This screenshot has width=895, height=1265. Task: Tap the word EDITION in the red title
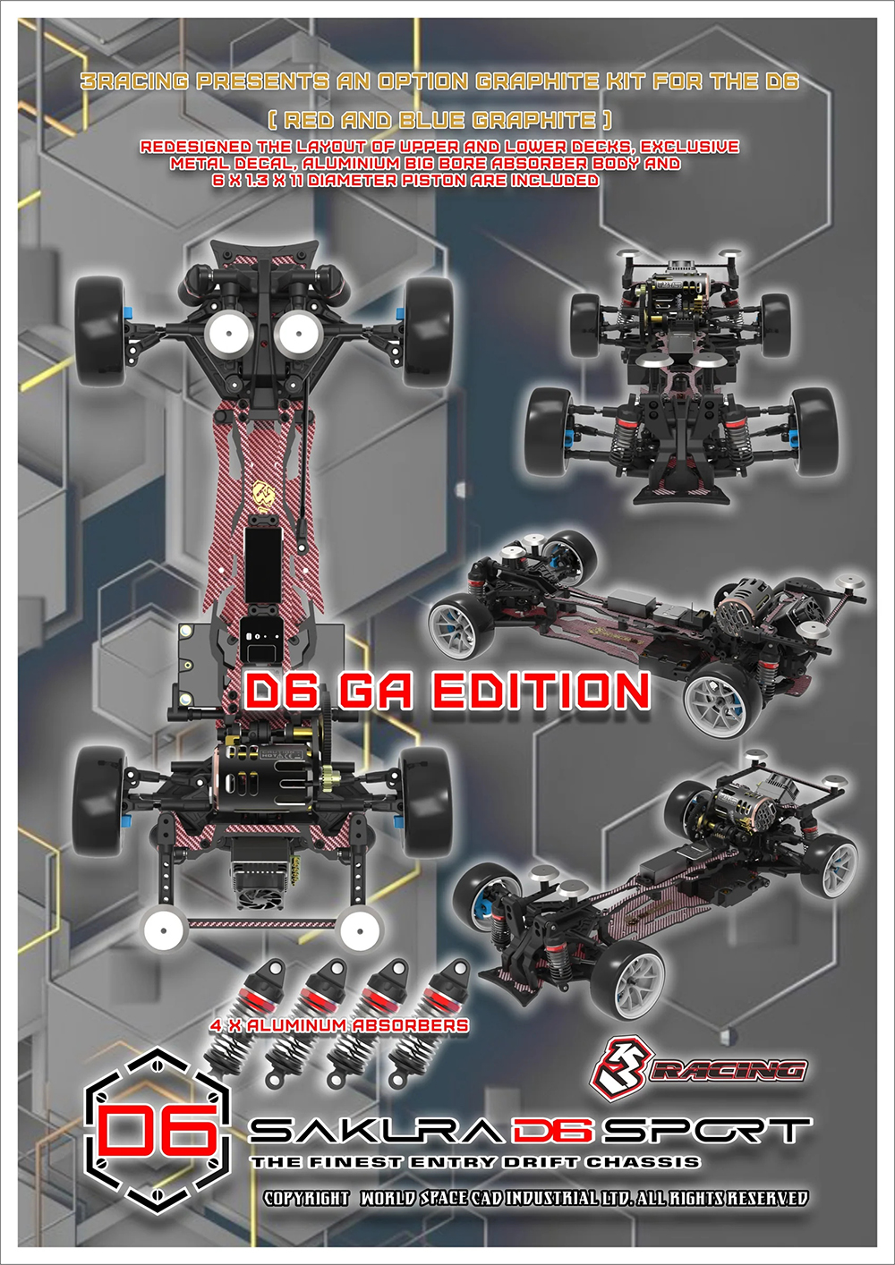click(541, 692)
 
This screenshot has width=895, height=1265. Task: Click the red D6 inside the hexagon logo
click(158, 1130)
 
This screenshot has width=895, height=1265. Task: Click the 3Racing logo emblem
click(620, 1068)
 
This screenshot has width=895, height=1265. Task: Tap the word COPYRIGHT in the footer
click(306, 1198)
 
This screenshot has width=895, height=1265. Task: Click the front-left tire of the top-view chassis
click(99, 319)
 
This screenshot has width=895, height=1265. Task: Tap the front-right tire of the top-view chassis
click(427, 319)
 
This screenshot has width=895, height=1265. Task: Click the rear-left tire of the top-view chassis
click(98, 799)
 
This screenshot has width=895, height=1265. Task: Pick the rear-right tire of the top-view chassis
click(427, 799)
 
